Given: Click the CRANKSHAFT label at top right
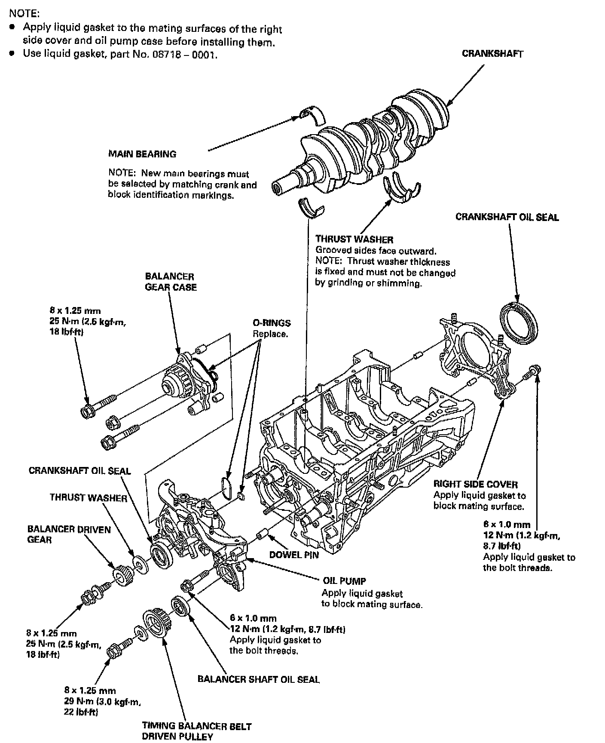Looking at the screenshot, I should point(492,54).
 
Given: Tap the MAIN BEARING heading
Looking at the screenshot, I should point(142,154).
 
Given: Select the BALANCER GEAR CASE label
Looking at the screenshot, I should point(171,282).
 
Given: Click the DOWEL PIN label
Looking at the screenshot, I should point(294,555).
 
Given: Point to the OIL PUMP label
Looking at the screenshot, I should point(344,581).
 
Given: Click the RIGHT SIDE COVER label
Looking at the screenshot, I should point(475,485).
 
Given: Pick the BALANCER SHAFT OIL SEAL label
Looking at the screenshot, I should point(258,679).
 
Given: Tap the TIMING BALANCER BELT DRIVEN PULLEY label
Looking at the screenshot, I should point(196,731).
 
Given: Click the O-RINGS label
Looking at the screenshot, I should point(272,323).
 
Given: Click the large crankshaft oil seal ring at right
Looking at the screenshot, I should point(519,322).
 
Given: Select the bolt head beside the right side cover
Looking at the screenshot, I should point(535,370).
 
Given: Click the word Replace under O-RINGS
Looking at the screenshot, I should point(270,334).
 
